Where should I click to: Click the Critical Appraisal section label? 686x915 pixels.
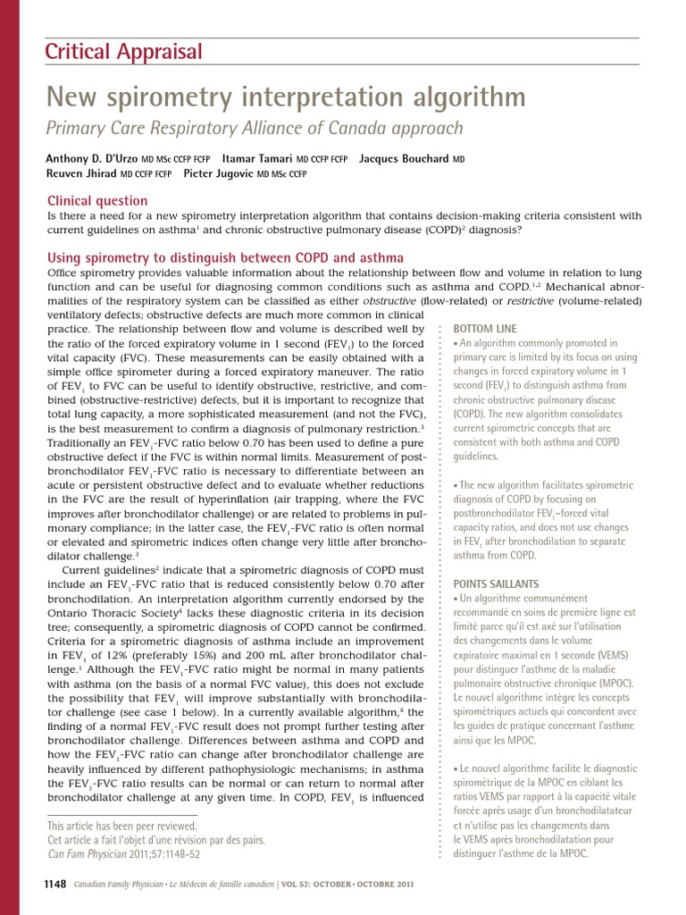click(x=124, y=52)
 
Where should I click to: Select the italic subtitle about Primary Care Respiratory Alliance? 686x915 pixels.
click(x=255, y=128)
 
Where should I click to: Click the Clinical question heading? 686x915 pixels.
click(x=97, y=201)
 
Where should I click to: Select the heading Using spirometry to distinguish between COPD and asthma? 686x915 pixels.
click(x=225, y=257)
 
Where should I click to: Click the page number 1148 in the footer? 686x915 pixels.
click(x=54, y=884)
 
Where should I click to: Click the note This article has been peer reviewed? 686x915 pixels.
click(x=121, y=826)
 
